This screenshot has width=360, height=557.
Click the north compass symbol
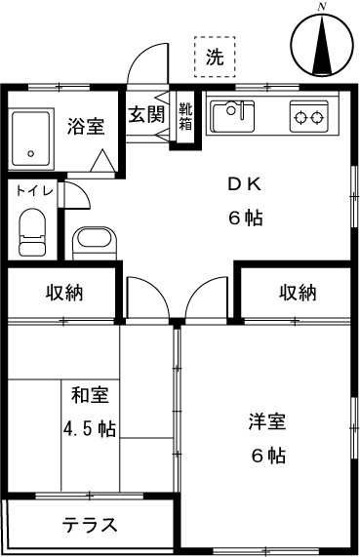322,45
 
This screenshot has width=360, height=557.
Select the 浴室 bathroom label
85,126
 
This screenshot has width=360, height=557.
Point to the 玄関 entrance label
146,113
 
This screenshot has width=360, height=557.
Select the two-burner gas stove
310,118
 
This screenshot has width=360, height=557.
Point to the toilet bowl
32,231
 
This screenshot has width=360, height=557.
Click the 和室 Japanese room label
89,396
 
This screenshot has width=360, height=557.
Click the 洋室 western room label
265,422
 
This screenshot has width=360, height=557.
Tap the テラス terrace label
90,525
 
